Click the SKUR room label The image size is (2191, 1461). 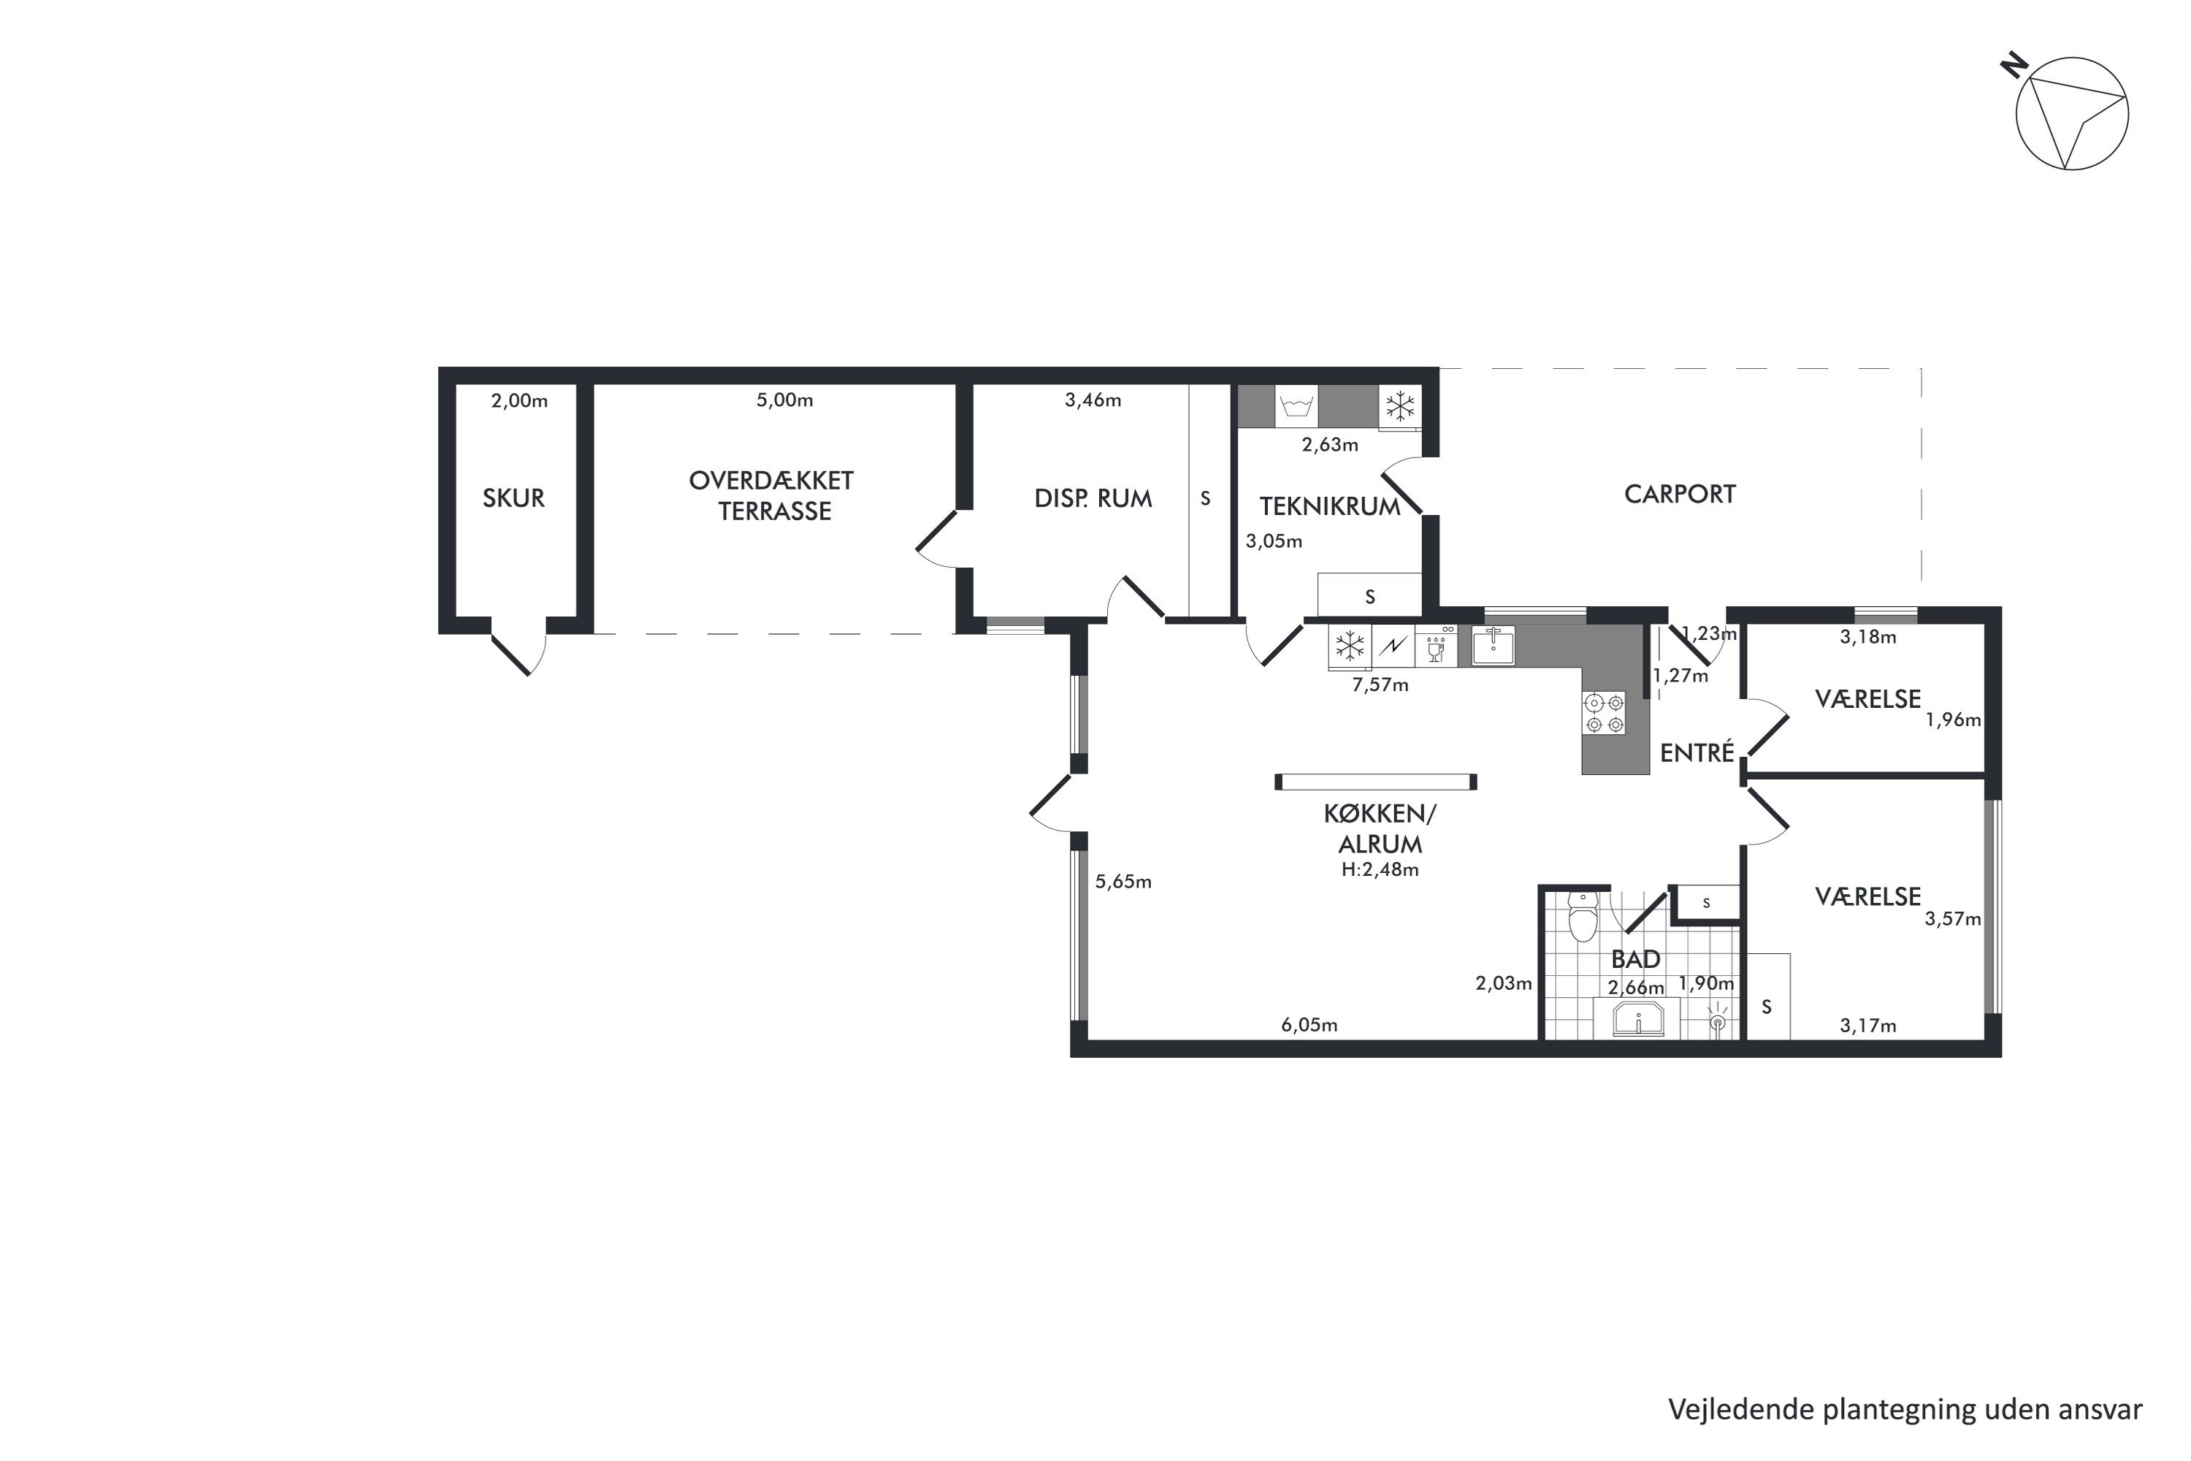pos(513,498)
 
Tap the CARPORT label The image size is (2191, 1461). pos(1680,495)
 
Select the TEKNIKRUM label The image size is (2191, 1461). pos(1330,507)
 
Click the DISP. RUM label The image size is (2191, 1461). pos(1093,498)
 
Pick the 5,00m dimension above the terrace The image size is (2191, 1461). pos(784,400)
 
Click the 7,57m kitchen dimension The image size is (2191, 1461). pos(1380,685)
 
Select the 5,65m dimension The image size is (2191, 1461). pos(1123,882)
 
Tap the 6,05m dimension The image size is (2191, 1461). pos(1309,1025)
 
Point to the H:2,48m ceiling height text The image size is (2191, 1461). pos(1380,869)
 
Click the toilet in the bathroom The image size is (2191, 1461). pos(1583,917)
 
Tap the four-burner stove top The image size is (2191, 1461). pos(1604,713)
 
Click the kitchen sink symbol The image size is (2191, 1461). pos(1492,646)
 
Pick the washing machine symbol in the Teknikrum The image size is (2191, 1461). pos(1297,407)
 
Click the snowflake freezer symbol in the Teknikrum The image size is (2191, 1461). pos(1400,407)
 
